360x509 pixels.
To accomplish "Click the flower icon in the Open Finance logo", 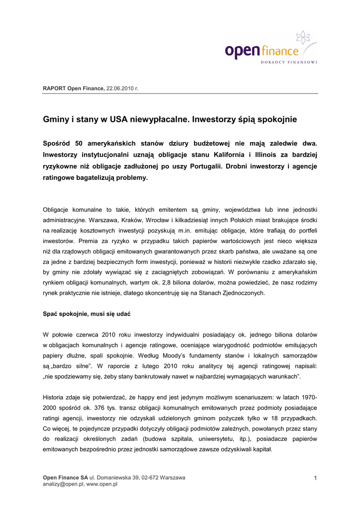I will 303,37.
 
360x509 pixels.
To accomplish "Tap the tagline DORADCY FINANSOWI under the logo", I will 288,62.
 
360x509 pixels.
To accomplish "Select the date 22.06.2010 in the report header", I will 121,88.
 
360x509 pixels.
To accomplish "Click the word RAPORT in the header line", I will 54,88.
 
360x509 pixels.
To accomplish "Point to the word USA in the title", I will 118,119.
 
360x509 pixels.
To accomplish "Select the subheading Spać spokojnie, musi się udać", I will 87,314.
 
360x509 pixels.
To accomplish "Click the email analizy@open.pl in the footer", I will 63,484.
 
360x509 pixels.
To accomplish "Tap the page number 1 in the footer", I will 315,478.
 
